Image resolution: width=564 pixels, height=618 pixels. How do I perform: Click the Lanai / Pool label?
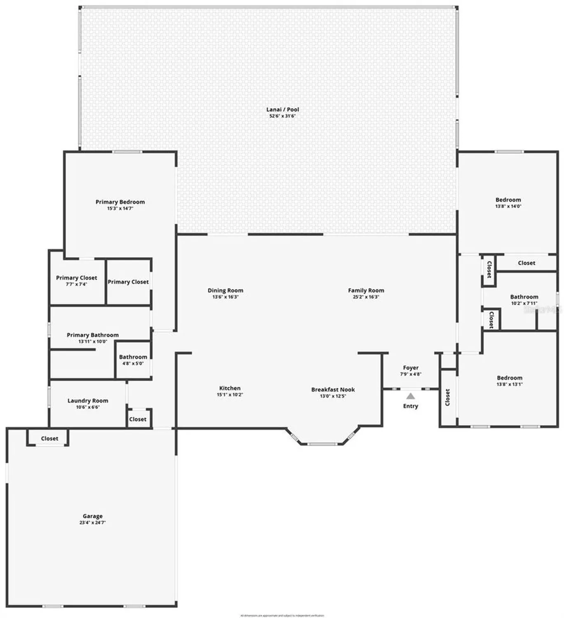282,110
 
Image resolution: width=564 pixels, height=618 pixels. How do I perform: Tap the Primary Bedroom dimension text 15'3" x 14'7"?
120,208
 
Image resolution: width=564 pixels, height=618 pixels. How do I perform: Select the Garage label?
92,516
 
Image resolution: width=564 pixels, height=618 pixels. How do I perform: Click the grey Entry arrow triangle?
410,396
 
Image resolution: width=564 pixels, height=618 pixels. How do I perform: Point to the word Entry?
410,406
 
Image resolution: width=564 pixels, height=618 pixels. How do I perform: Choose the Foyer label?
411,368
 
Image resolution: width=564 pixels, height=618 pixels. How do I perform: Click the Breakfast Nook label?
333,389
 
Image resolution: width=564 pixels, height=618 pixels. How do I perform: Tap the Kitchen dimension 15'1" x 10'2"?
230,395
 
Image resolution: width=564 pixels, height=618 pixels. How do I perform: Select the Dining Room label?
225,290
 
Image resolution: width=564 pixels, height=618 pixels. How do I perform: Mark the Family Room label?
366,290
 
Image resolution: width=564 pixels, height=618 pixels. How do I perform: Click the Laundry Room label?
88,400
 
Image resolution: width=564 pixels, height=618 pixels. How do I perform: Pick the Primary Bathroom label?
93,335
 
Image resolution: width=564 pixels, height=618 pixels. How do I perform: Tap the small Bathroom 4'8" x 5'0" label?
133,357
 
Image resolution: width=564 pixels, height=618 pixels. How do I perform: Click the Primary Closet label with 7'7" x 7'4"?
77,278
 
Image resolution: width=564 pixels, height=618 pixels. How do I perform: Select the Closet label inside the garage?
49,438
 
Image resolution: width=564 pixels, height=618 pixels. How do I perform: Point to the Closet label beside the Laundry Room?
138,419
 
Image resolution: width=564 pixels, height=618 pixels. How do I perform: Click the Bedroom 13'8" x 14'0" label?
508,200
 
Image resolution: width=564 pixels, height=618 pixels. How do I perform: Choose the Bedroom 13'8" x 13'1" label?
509,378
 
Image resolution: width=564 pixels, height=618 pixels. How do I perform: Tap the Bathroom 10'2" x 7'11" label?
524,297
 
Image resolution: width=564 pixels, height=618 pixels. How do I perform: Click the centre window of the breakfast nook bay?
323,444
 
